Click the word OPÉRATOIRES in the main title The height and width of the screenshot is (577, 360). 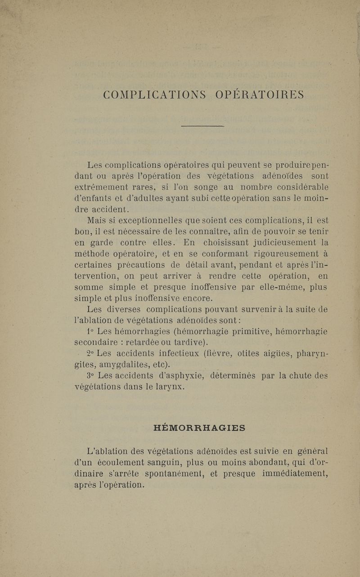(x=260, y=95)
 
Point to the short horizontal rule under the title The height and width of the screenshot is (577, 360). (x=202, y=127)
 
